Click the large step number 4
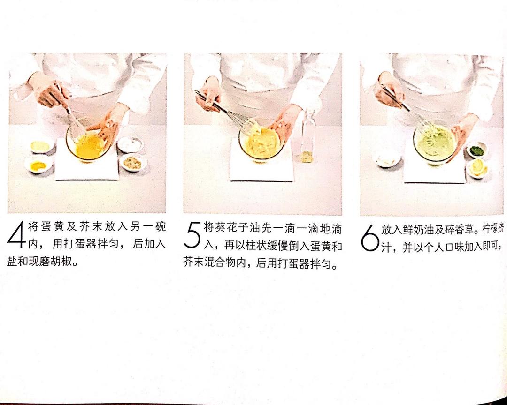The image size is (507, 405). click(16, 235)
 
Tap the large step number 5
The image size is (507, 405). click(193, 236)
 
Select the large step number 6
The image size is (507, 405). click(369, 238)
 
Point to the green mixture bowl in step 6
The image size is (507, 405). click(435, 144)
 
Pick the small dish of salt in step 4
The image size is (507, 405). click(130, 144)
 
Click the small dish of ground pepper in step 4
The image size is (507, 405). click(133, 162)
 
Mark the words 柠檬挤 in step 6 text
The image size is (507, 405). click(493, 229)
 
